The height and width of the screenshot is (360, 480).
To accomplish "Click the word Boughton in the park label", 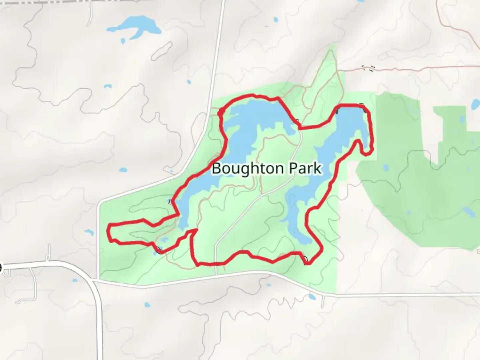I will point(249,169).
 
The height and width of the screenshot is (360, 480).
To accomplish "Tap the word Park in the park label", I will point(305,169).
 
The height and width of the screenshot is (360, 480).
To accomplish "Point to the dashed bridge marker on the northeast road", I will point(368,68).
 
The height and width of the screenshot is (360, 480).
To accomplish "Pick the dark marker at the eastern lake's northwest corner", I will point(338,110).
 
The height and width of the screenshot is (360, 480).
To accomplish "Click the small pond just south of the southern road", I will point(312,296).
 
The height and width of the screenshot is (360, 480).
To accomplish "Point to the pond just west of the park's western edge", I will point(89,232).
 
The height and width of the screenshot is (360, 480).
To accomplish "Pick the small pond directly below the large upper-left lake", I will point(123,41).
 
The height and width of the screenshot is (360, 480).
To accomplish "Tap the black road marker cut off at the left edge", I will point(1,268).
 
